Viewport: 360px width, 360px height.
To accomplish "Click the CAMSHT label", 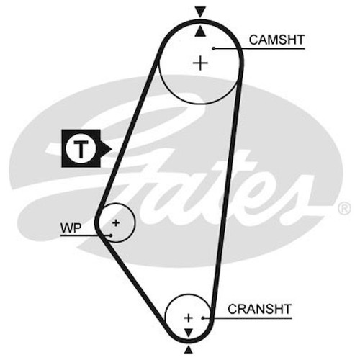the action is pos(276,40).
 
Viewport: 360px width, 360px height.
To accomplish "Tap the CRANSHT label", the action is pos(259,309).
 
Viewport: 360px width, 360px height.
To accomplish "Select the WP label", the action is pos(71,228).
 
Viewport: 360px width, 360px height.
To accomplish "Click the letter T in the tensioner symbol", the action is pos(81,149).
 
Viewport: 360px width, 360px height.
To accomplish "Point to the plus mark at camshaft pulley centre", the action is pos(200,63).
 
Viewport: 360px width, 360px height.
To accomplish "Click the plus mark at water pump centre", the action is pos(116,223).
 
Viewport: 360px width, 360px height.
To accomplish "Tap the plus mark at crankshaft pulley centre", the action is pos(189,318).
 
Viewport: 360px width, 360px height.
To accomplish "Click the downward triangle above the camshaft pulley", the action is pos(200,12).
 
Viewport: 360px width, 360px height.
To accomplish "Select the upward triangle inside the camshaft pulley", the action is pos(200,32).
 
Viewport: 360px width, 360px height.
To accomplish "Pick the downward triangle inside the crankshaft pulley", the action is pos(189,333).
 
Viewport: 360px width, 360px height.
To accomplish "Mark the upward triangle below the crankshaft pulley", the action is pos(189,349).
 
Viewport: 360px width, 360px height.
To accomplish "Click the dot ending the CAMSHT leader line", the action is pos(214,48).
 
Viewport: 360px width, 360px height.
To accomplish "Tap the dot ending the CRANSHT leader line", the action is pos(203,318).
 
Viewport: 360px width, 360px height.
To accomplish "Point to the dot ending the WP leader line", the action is pos(110,235).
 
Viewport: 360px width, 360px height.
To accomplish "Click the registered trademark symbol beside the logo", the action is pos(345,209).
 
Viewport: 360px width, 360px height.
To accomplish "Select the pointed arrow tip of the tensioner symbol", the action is pos(112,149).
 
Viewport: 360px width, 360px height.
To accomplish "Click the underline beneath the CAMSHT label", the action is pos(259,48).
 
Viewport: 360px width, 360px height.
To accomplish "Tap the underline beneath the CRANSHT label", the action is pos(248,318).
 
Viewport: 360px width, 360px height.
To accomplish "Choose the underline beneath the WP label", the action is pos(85,235).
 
